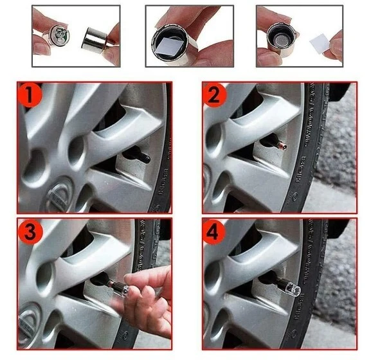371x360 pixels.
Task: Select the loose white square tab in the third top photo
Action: tap(321, 45)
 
